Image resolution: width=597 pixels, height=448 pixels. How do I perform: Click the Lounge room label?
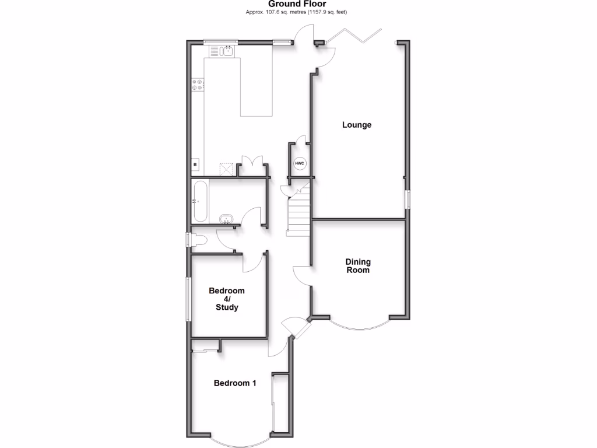click(357, 125)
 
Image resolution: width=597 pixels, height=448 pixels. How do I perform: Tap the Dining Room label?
click(358, 266)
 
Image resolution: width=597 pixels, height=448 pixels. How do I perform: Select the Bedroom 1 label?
click(235, 383)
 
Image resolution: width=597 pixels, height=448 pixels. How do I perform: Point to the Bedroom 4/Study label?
click(227, 299)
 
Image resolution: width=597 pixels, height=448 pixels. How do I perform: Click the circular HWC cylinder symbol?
click(299, 163)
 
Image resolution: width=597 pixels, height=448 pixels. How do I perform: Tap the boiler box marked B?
click(195, 166)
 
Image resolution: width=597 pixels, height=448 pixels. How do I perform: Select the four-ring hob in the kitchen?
click(198, 84)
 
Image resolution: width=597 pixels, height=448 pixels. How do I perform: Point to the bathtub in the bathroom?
click(199, 201)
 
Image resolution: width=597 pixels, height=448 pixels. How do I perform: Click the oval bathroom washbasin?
click(226, 219)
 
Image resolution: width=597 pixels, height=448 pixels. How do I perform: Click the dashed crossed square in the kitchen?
click(226, 169)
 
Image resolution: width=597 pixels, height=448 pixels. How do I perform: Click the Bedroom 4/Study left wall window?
click(188, 299)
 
